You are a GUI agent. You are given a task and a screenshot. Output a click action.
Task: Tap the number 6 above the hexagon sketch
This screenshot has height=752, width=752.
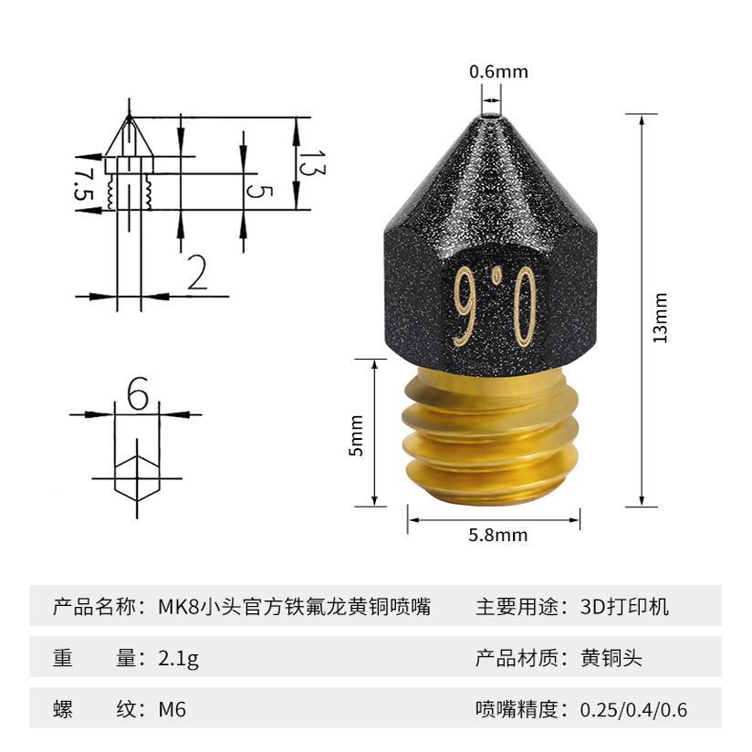click(x=138, y=394)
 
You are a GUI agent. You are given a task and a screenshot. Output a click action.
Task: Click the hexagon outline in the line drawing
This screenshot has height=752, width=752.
click(x=136, y=477)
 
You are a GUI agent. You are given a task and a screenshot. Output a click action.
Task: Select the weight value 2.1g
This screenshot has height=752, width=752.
click(x=178, y=658)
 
